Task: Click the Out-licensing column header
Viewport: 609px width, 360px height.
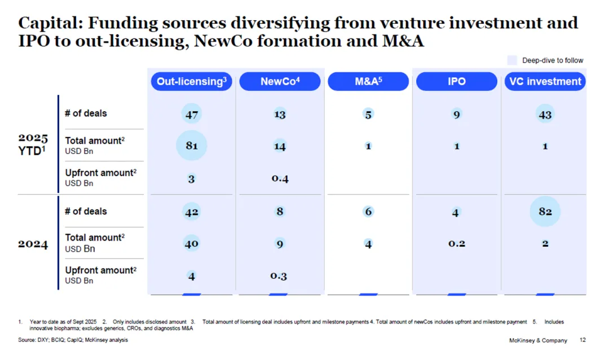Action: [x=192, y=81]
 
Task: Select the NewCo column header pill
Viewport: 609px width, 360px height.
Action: [x=280, y=81]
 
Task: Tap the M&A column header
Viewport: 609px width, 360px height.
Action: [x=368, y=81]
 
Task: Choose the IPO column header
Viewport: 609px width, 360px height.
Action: [x=456, y=81]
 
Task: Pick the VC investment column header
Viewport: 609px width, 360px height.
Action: [x=545, y=81]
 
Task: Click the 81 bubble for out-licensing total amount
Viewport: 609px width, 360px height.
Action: [x=192, y=146]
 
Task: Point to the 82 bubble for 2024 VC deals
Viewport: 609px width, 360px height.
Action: [x=545, y=212]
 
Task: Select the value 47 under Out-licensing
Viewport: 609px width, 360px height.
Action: [x=192, y=114]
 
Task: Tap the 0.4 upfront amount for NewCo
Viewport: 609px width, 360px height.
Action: [x=280, y=179]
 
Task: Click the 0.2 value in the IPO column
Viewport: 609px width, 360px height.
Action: [x=456, y=244]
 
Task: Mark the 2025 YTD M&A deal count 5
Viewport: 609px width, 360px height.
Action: [x=368, y=115]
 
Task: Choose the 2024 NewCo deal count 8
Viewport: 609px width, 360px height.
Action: [x=280, y=212]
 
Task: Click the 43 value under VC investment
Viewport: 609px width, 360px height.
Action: [x=545, y=114]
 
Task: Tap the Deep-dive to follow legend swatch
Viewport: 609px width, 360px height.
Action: [x=512, y=60]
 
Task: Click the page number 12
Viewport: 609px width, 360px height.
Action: [x=582, y=340]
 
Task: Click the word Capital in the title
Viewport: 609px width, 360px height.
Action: [x=47, y=24]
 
